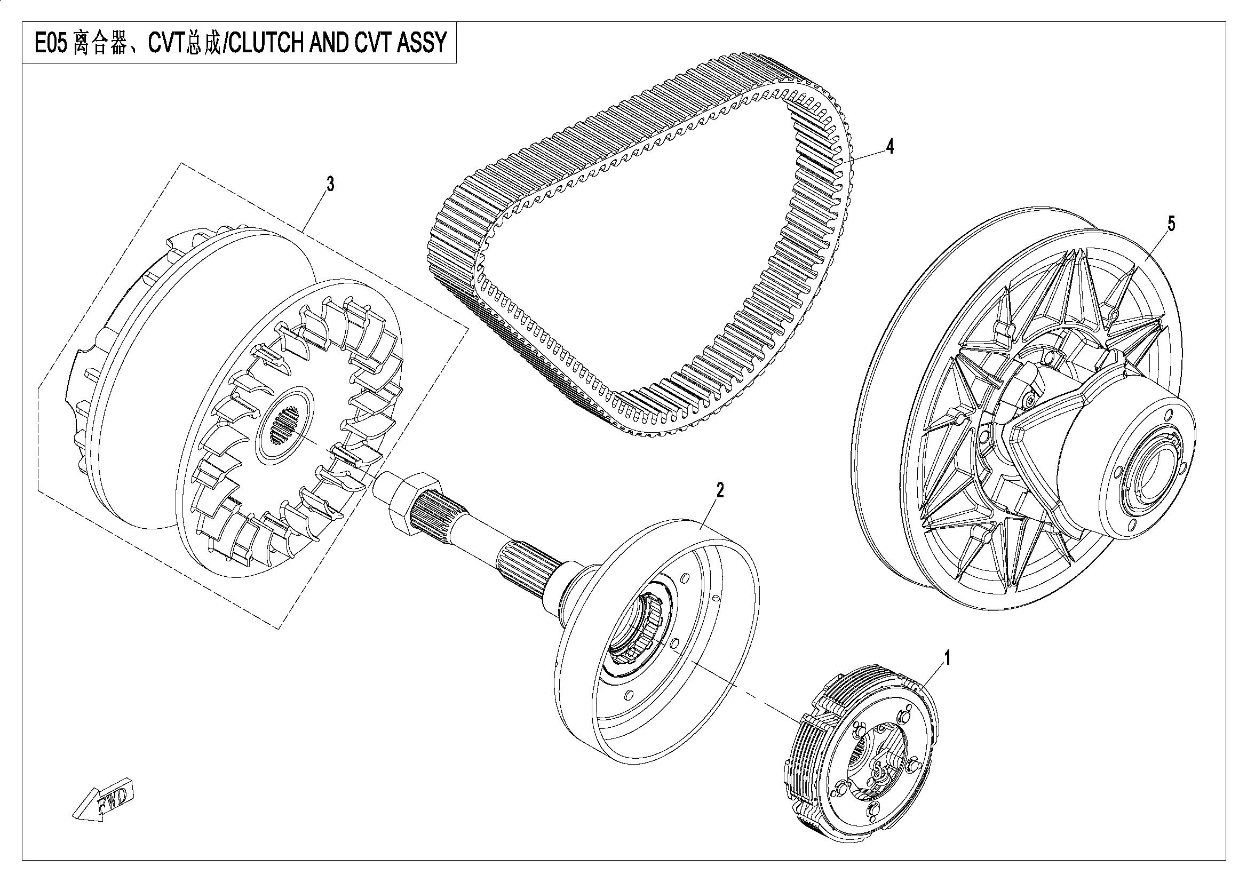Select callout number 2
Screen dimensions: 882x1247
pos(720,491)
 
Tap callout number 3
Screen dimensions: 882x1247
pos(330,185)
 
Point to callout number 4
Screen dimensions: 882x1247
pos(889,147)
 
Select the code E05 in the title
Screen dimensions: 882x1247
pos(51,42)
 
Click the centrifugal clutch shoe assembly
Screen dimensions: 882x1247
pos(863,755)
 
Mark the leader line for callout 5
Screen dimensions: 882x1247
pos(1154,245)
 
